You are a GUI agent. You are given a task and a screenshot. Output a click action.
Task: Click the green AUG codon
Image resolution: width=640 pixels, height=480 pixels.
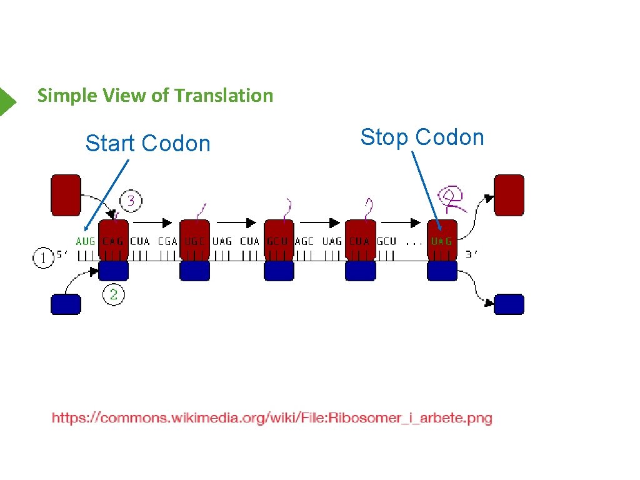[86, 241]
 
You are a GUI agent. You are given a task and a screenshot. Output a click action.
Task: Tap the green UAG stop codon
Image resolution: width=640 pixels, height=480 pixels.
[442, 241]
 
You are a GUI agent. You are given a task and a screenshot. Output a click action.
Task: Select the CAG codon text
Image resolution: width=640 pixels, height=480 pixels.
[113, 241]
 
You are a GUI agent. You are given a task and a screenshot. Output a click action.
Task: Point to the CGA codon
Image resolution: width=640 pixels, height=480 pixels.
[167, 241]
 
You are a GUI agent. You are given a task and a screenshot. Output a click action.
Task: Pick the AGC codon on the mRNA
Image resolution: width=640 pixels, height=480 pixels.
[304, 241]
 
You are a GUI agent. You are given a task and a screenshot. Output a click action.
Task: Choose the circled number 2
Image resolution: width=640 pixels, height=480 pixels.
[113, 294]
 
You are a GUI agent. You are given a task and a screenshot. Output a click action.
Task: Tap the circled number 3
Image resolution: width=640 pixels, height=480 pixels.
[131, 201]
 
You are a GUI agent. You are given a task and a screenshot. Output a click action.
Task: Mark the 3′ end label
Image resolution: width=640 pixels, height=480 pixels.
[473, 255]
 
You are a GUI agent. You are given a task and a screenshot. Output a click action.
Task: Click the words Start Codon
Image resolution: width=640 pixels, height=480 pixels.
[148, 144]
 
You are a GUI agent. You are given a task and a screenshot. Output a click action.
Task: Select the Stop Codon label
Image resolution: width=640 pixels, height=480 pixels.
[422, 137]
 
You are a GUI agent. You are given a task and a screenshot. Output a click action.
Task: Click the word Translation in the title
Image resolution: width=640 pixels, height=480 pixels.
[224, 96]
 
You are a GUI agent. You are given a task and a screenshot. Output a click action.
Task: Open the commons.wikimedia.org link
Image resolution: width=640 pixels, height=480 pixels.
[272, 418]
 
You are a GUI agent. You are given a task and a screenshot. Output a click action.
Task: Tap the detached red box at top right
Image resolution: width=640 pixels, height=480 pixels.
[509, 195]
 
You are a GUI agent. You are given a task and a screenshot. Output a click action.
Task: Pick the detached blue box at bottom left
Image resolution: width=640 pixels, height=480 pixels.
[66, 304]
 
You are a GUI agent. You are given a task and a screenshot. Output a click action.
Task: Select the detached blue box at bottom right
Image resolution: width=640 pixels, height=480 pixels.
[509, 304]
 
